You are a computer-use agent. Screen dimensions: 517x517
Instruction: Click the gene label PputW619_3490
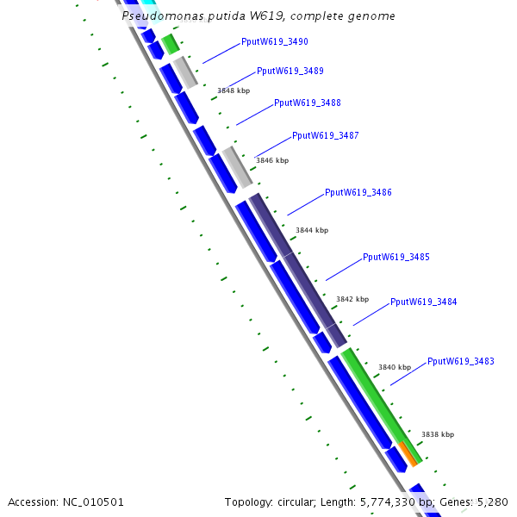coord(274,41)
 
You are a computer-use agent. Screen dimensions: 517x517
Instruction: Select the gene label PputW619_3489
coord(290,71)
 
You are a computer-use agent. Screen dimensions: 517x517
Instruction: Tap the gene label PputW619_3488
coord(307,103)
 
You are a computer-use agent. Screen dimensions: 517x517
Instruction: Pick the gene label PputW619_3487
coord(326,135)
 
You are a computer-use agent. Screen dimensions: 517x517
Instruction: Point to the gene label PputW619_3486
coord(358,192)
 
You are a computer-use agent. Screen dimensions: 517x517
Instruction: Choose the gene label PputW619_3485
coord(396,257)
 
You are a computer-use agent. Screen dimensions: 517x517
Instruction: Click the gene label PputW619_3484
coord(423,302)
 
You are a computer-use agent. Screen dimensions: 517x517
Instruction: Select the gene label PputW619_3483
coord(460,361)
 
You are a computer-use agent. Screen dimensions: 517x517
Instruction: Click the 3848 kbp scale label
coord(234,90)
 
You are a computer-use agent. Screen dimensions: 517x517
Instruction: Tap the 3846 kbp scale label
coord(272,160)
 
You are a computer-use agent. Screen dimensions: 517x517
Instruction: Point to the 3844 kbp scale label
coord(312,230)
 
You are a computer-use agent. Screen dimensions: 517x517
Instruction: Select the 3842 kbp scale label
coord(352,299)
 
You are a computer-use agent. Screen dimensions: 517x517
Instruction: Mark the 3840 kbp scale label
coord(395,367)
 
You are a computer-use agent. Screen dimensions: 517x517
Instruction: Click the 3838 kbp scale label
coord(437,434)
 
